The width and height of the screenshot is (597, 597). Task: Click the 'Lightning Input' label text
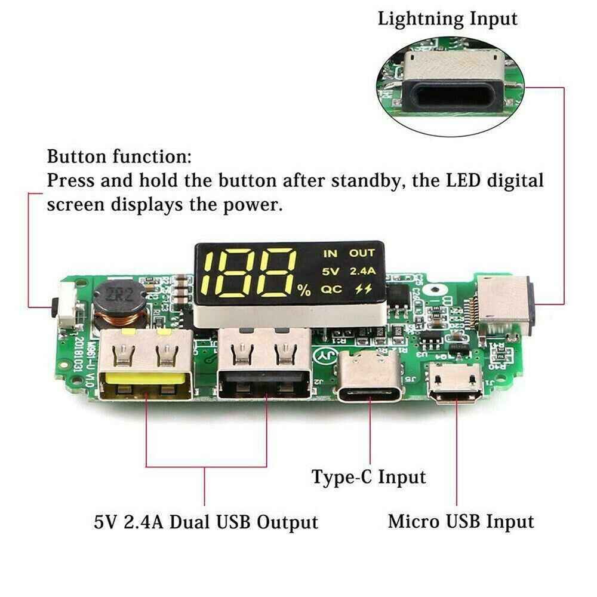pyautogui.click(x=447, y=18)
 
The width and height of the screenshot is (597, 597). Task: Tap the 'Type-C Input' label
pyautogui.click(x=369, y=477)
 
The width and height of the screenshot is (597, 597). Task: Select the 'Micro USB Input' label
pyautogui.click(x=461, y=521)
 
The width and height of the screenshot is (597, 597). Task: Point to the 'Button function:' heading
pyautogui.click(x=119, y=158)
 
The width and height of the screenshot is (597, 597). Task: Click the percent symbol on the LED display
pyautogui.click(x=304, y=291)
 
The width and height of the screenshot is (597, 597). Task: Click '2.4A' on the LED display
pyautogui.click(x=362, y=272)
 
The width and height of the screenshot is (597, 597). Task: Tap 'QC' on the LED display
pyautogui.click(x=330, y=290)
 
